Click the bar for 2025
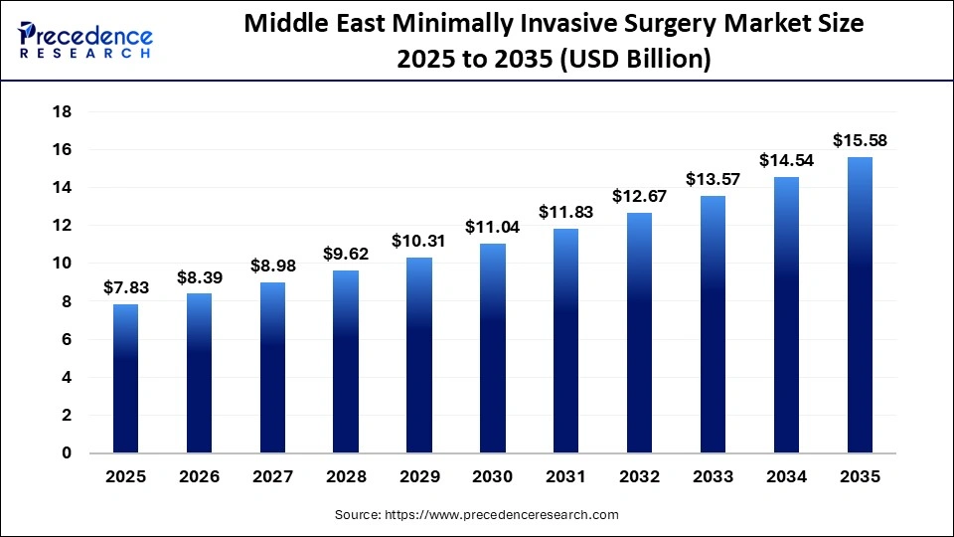click(x=125, y=379)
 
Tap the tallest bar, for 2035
click(x=860, y=305)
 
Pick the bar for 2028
click(x=346, y=362)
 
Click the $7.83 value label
click(x=125, y=287)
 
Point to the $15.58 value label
click(x=860, y=140)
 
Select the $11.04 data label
click(x=493, y=227)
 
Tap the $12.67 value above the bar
click(x=640, y=196)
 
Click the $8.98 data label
click(x=272, y=266)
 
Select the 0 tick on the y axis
click(x=67, y=453)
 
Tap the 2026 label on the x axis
click(x=199, y=477)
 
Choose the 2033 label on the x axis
click(x=714, y=477)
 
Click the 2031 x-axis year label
click(x=566, y=477)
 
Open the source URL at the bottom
click(x=476, y=515)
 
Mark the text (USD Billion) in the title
click(x=636, y=60)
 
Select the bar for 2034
click(x=786, y=315)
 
